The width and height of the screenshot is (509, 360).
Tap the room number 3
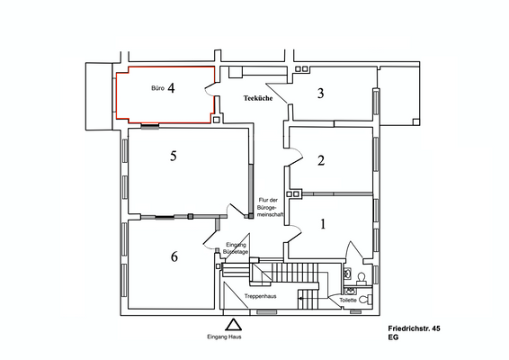(319, 93)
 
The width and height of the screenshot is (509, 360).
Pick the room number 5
(174, 157)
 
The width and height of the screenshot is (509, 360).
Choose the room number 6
(174, 256)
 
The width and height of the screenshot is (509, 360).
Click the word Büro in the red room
(156, 90)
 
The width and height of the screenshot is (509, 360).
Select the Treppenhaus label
(259, 296)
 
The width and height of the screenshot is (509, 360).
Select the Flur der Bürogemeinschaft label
(271, 207)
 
